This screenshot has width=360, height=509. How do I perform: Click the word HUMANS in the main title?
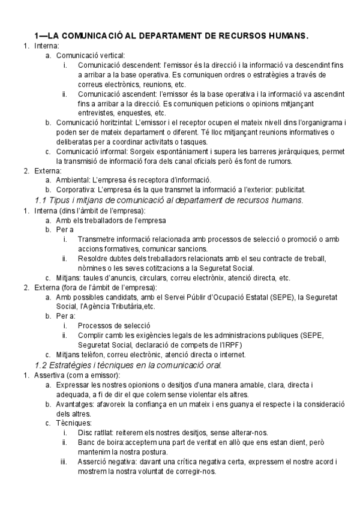(x=287, y=36)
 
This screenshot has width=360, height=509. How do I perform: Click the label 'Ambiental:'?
(x=72, y=179)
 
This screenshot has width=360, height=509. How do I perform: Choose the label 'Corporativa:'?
(x=76, y=189)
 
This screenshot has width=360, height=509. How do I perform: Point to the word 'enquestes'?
(x=134, y=113)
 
